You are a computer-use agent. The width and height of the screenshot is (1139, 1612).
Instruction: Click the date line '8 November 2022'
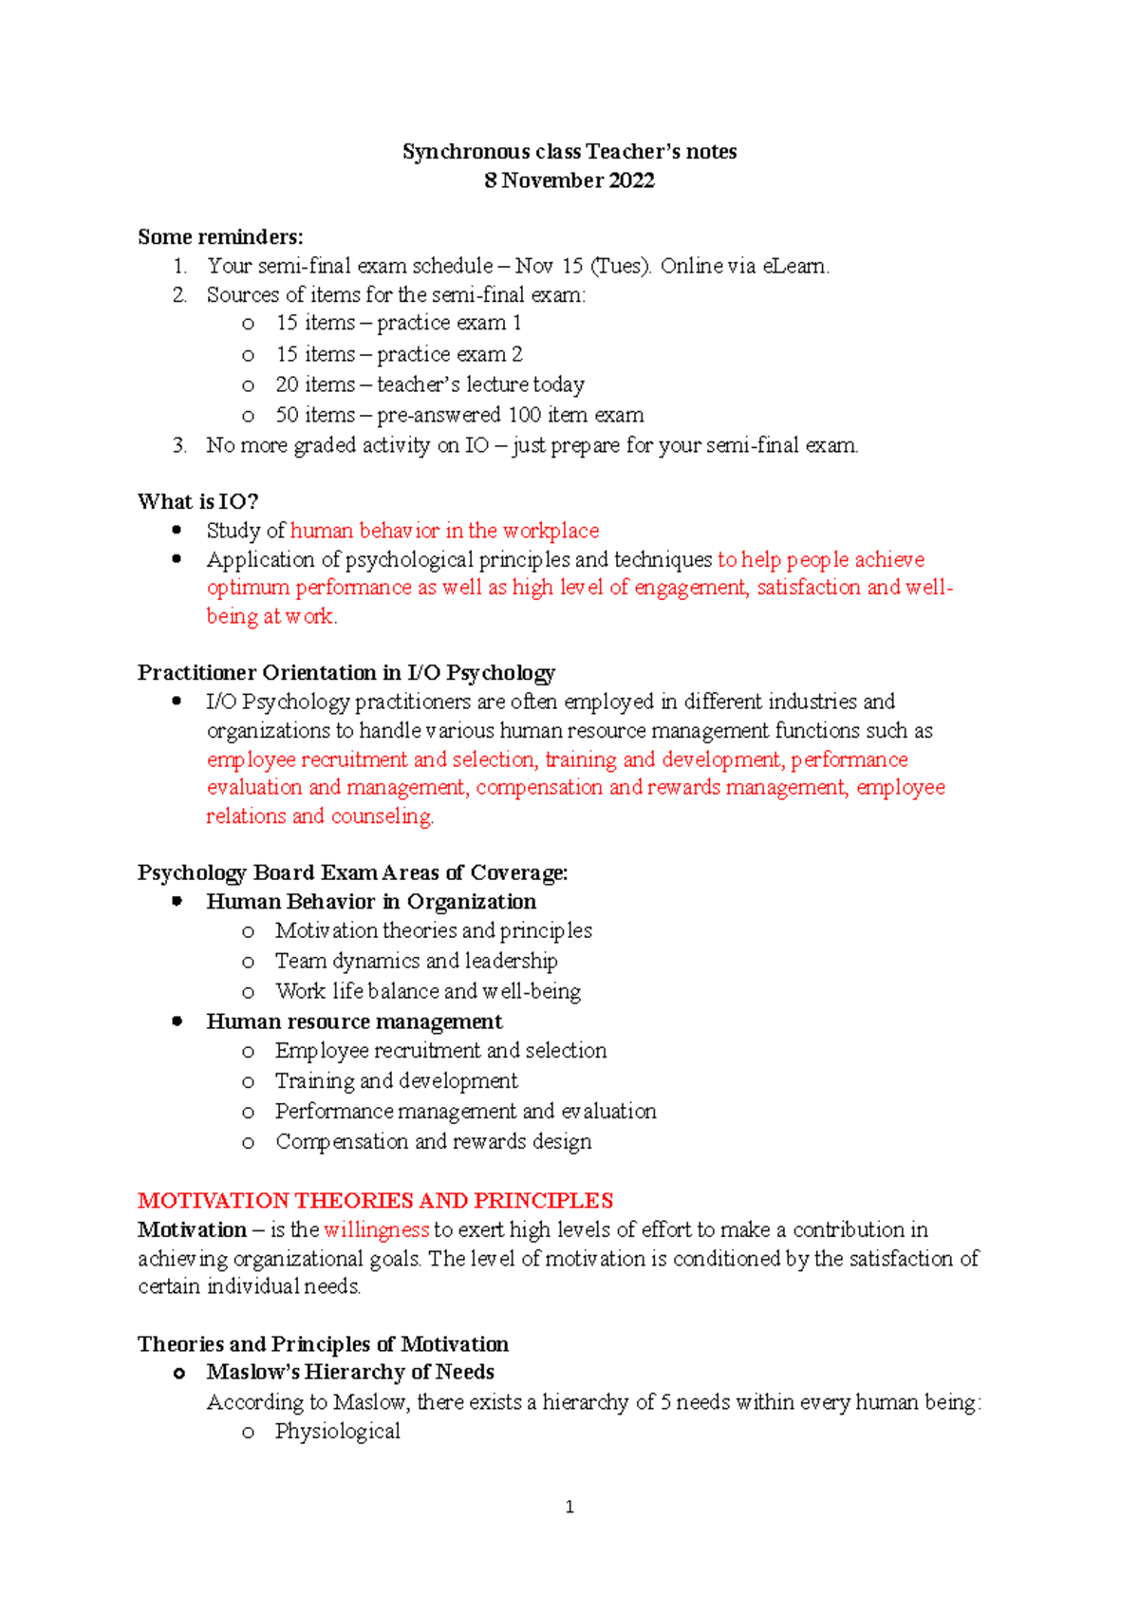569,180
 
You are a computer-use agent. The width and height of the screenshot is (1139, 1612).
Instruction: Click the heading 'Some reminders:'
220,236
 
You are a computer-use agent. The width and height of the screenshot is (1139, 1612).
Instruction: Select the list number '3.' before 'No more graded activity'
179,445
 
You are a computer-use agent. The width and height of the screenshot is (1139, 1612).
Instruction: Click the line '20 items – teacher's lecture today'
429,384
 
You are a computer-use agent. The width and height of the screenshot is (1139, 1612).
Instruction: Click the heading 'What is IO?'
197,501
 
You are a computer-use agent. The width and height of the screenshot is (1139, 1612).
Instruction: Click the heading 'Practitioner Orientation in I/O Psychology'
345,673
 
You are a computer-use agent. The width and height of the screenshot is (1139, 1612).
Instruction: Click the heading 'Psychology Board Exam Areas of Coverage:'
352,872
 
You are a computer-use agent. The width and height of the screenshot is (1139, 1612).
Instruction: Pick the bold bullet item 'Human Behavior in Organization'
371,902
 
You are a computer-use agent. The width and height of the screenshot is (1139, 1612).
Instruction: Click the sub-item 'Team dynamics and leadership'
416,961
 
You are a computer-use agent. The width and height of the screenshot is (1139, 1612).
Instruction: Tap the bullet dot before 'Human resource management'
177,1022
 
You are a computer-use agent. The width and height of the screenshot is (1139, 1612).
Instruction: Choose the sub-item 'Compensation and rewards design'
433,1141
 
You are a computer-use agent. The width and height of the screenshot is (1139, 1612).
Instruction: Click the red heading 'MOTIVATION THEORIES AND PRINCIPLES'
375,1200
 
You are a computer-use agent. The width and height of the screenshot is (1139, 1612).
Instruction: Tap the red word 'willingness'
376,1229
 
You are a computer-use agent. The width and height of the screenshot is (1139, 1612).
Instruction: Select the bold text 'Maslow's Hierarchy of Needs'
350,1372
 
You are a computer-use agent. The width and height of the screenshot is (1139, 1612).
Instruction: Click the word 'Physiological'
337,1432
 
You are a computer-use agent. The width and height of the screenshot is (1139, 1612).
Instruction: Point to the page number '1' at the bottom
569,1507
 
